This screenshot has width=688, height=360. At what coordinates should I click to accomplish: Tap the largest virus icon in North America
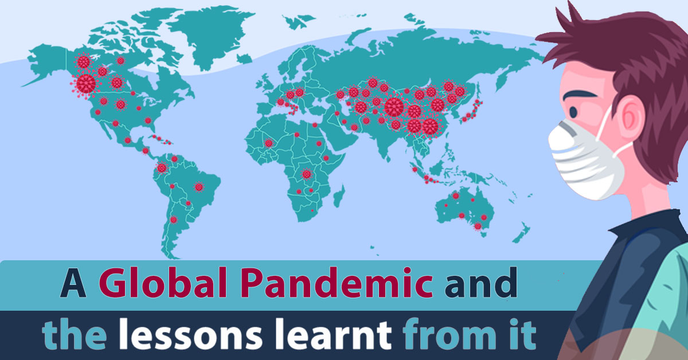point(86,84)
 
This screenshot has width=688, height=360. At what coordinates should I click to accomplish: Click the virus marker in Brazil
point(199,186)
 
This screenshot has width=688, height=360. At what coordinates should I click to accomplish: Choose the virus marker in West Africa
point(268,143)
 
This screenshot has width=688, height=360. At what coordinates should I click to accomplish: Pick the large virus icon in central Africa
point(307,174)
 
